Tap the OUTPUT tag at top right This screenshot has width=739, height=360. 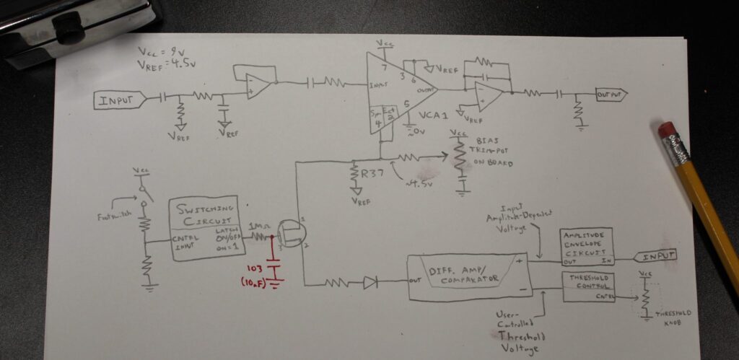tap(610, 95)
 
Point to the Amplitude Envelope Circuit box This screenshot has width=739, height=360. tap(586, 246)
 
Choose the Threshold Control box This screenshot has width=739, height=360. tap(588, 286)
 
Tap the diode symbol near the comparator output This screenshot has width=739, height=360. tap(369, 284)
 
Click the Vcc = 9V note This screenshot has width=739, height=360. tap(163, 52)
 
